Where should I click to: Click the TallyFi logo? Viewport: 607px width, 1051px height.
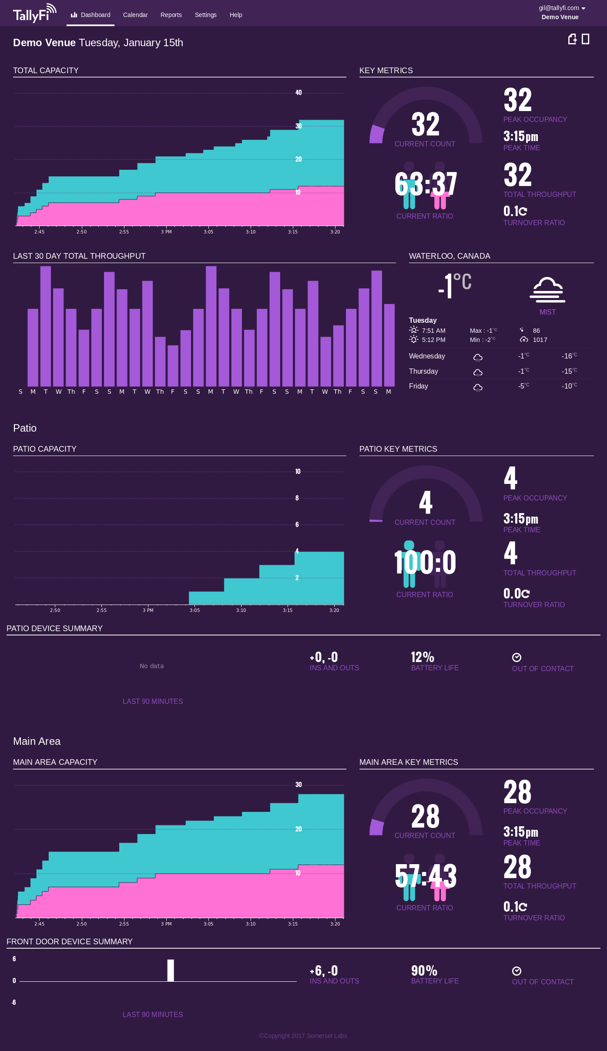34,14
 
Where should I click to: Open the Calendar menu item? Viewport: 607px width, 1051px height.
135,15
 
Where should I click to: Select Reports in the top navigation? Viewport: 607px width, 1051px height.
171,15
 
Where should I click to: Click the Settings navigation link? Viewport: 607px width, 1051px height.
205,15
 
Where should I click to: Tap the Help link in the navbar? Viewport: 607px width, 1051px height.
236,15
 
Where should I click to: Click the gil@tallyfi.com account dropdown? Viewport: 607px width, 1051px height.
562,8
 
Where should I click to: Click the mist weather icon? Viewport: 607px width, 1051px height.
547,290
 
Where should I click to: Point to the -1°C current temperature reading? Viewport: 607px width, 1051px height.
454,286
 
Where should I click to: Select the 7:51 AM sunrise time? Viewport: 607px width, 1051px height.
433,331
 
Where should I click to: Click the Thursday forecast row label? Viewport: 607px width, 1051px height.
423,371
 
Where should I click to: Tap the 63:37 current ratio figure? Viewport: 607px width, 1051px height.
425,184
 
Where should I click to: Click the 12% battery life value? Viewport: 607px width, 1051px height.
423,657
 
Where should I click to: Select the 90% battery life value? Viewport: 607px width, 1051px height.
424,970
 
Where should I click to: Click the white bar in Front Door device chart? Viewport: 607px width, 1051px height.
171,970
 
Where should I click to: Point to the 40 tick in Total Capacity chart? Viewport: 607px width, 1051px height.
298,93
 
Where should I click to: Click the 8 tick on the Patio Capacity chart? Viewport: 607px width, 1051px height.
297,498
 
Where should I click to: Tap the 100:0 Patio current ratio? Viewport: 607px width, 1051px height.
425,563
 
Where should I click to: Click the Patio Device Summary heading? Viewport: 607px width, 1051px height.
54,629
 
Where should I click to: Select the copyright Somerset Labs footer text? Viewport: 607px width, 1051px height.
303,1036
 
